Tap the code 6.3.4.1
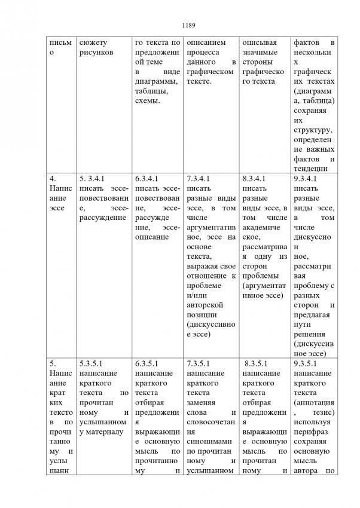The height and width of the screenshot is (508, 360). [147, 178]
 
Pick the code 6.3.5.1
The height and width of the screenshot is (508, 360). [147, 362]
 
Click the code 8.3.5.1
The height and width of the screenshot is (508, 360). [258, 362]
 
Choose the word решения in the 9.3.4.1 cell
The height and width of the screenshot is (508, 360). [310, 333]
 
